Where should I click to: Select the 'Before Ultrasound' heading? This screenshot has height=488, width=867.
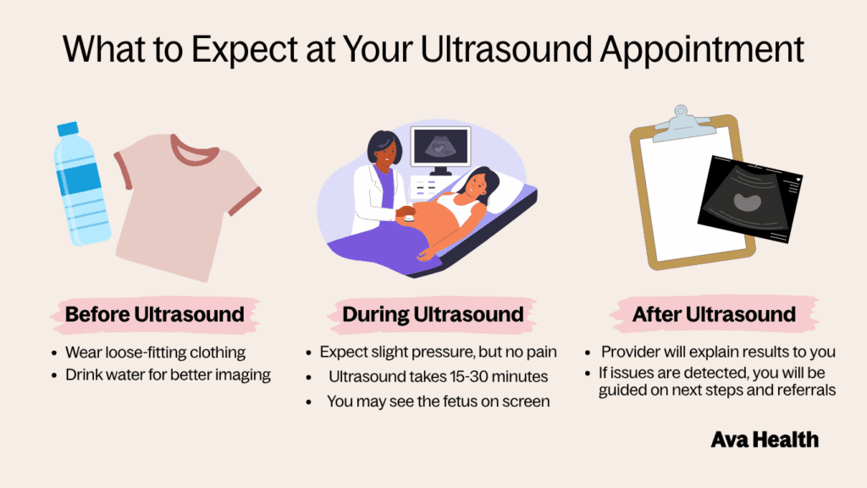coord(154,314)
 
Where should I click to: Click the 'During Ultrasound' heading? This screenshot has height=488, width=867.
coord(433,314)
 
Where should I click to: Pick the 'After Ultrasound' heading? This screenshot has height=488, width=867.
coord(714,314)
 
